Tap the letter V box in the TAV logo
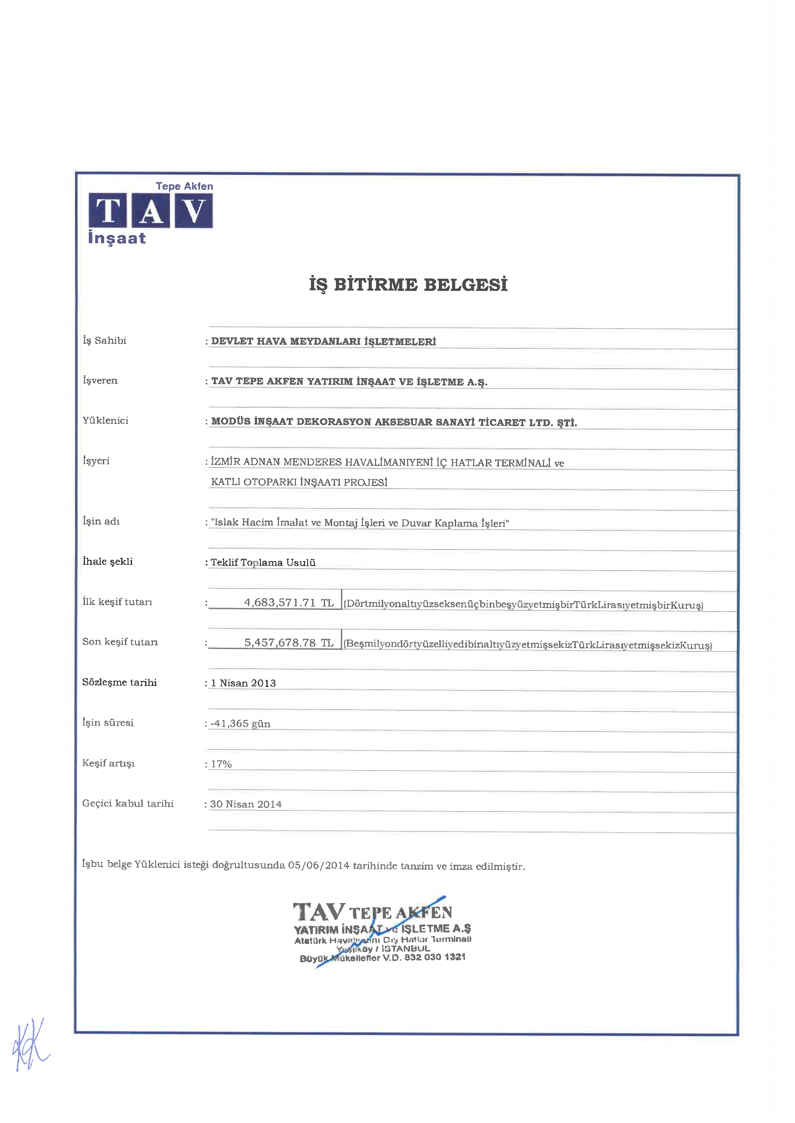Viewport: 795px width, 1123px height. tap(194, 211)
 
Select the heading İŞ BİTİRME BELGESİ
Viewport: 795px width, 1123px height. tap(408, 284)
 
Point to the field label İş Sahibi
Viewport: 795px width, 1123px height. tap(104, 341)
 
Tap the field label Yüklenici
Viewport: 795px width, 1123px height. tap(105, 420)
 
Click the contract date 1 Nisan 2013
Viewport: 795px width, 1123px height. tap(243, 683)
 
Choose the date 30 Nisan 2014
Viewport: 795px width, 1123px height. tap(246, 804)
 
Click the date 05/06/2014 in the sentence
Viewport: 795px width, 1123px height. tap(319, 865)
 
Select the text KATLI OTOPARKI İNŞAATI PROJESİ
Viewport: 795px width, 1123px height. tap(299, 482)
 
